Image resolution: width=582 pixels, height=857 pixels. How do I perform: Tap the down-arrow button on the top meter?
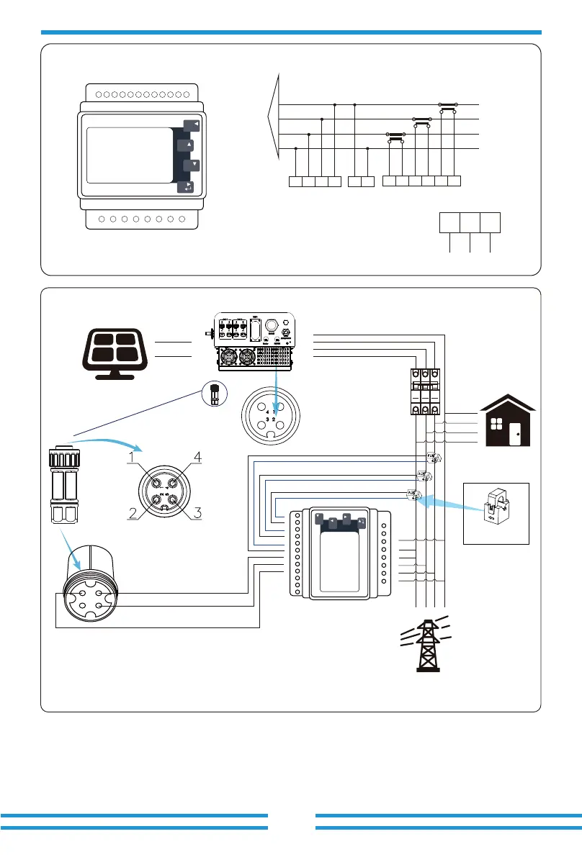(x=191, y=165)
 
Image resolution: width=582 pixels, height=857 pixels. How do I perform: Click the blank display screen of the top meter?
(x=129, y=155)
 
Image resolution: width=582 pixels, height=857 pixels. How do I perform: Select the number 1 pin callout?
(x=132, y=455)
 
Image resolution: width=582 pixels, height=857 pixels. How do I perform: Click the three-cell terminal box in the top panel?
(x=470, y=223)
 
